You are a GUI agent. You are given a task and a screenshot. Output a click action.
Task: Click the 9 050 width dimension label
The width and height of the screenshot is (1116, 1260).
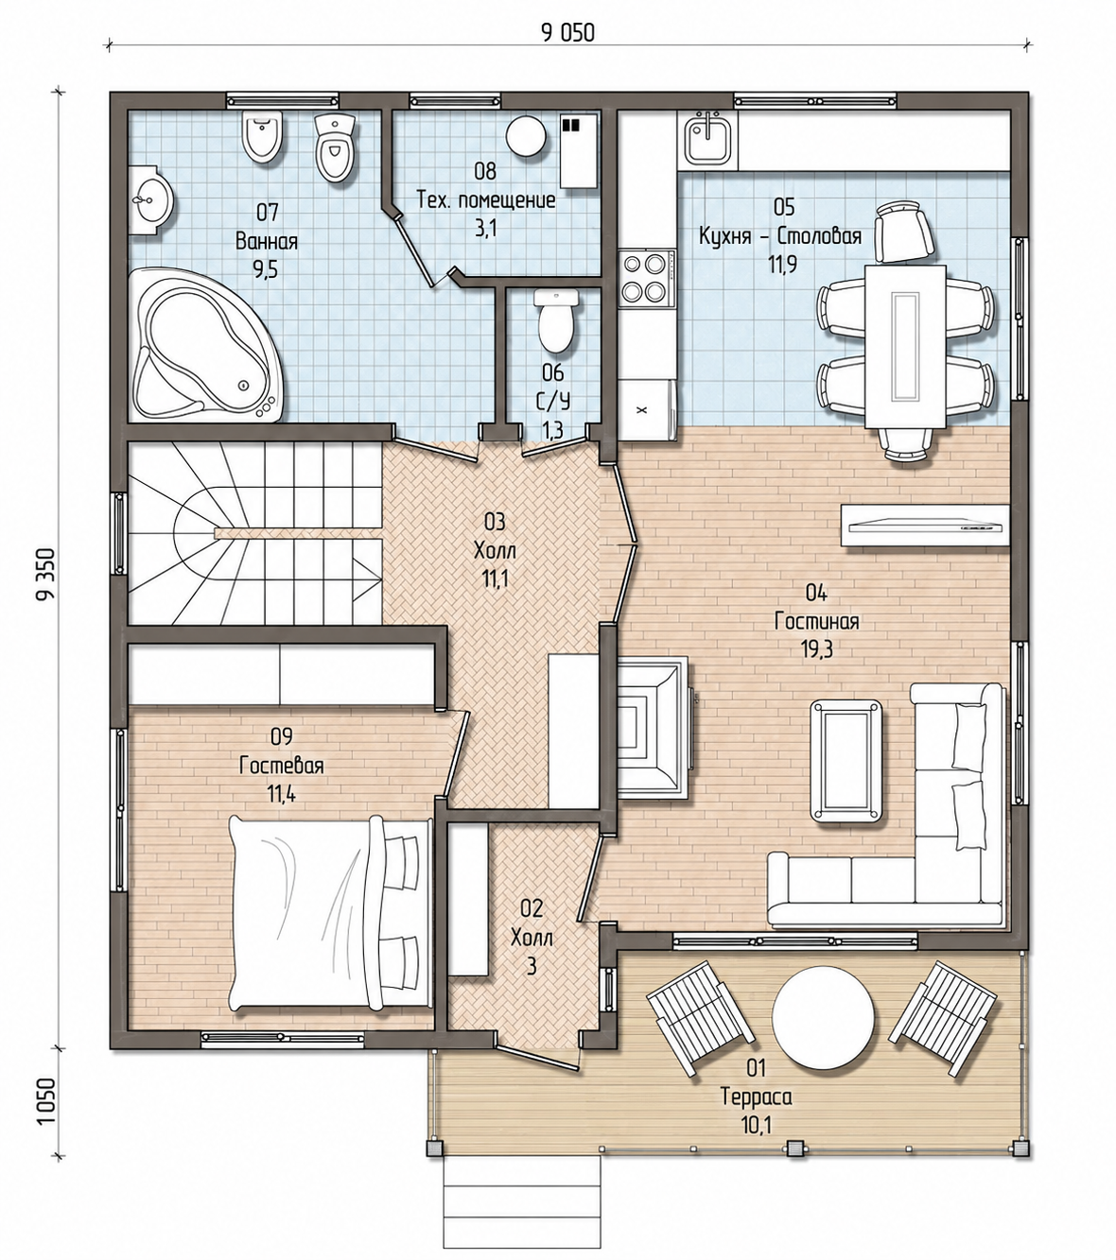pyautogui.click(x=567, y=32)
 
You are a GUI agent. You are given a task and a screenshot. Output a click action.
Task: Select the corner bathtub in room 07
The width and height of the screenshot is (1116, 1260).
pyautogui.click(x=207, y=344)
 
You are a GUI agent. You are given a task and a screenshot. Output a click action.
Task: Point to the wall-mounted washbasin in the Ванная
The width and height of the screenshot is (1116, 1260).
pyautogui.click(x=151, y=199)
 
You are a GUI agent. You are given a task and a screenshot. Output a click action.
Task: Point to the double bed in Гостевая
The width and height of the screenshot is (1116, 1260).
pyautogui.click(x=330, y=916)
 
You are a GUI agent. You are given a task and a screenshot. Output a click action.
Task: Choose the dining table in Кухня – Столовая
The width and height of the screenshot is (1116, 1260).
pyautogui.click(x=906, y=346)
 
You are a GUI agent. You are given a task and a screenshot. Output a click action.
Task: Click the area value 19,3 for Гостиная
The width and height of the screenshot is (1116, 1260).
pyautogui.click(x=816, y=649)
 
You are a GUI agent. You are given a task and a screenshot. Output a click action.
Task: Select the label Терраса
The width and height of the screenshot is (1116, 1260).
pyautogui.click(x=757, y=1096)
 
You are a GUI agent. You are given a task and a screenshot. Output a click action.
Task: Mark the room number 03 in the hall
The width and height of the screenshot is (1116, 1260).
pyautogui.click(x=495, y=521)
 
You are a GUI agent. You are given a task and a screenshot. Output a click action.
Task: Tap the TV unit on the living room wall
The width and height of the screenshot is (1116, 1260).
pyautogui.click(x=924, y=526)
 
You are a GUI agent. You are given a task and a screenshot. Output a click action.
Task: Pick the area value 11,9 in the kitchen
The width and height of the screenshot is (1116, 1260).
pyautogui.click(x=782, y=265)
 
